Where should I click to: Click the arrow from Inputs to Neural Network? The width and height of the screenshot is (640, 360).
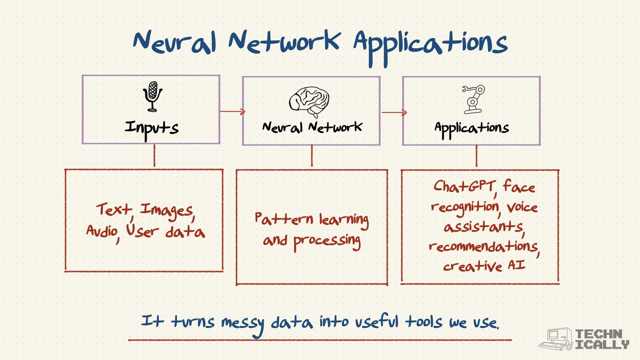[233, 111]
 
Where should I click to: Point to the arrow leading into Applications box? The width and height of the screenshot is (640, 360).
[394, 112]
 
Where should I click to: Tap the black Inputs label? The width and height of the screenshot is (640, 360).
[152, 129]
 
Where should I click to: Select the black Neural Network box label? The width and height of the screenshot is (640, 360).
[312, 127]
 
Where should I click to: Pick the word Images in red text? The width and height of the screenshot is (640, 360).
[166, 211]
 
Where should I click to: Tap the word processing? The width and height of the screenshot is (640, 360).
[327, 242]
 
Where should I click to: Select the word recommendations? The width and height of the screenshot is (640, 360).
[483, 247]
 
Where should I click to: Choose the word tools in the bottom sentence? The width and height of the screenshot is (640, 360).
[424, 322]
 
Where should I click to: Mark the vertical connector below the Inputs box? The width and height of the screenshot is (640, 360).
[154, 155]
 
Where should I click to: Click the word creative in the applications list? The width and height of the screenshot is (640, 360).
[473, 266]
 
